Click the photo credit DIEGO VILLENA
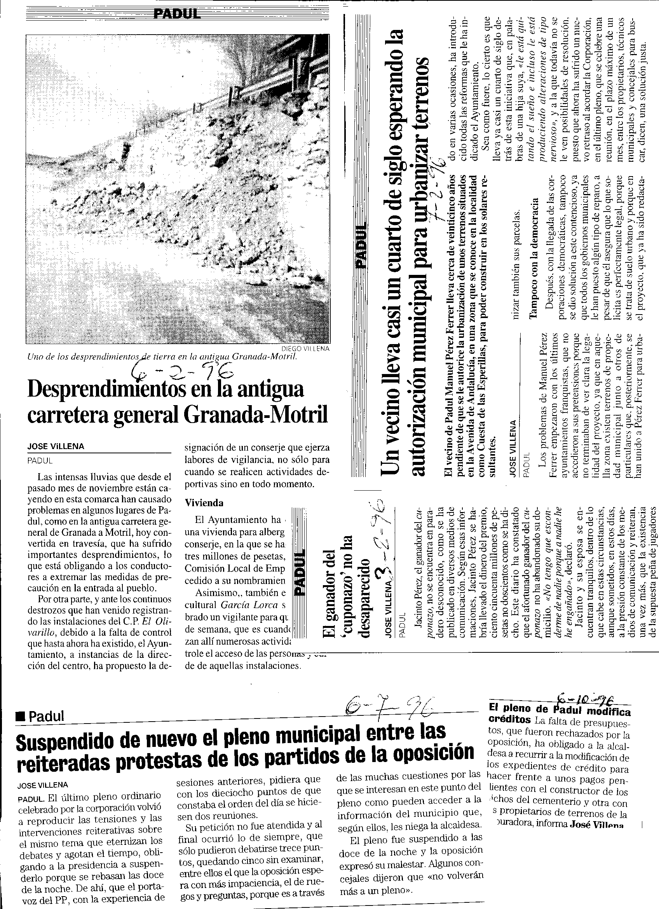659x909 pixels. click(305, 348)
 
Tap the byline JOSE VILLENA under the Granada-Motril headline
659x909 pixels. click(56, 446)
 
